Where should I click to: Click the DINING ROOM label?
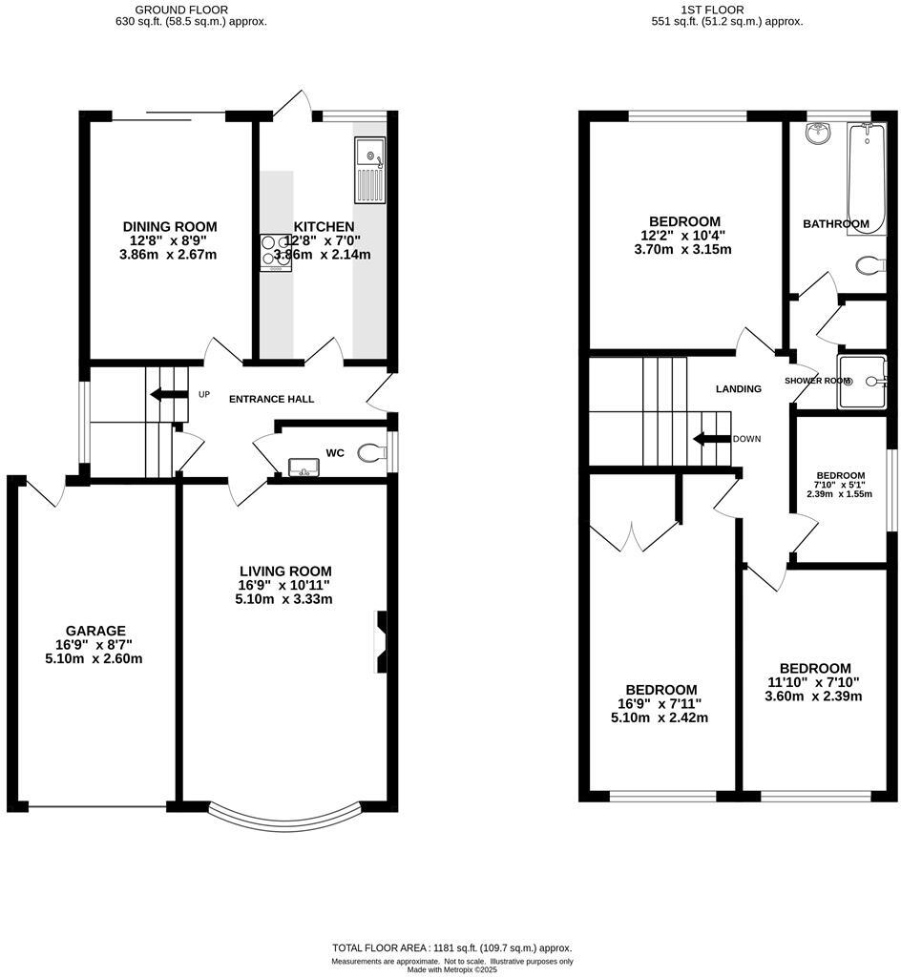click(x=169, y=226)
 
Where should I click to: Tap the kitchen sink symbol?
click(x=368, y=170)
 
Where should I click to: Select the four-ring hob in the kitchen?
click(x=276, y=253)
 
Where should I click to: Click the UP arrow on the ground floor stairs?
click(x=168, y=394)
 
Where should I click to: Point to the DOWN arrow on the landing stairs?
click(x=711, y=439)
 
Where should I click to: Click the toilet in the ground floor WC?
click(x=370, y=453)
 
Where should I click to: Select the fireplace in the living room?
click(x=381, y=641)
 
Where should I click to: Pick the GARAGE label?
click(x=95, y=631)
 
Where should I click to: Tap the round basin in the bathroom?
click(x=817, y=135)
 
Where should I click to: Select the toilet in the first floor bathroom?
click(x=870, y=264)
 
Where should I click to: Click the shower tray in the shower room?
click(x=862, y=381)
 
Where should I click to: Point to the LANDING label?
click(x=739, y=388)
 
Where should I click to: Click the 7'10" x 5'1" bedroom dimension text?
click(x=839, y=485)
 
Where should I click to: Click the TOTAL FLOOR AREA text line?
click(x=451, y=947)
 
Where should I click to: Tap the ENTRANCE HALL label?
click(x=271, y=399)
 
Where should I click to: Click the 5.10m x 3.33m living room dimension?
click(x=284, y=599)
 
